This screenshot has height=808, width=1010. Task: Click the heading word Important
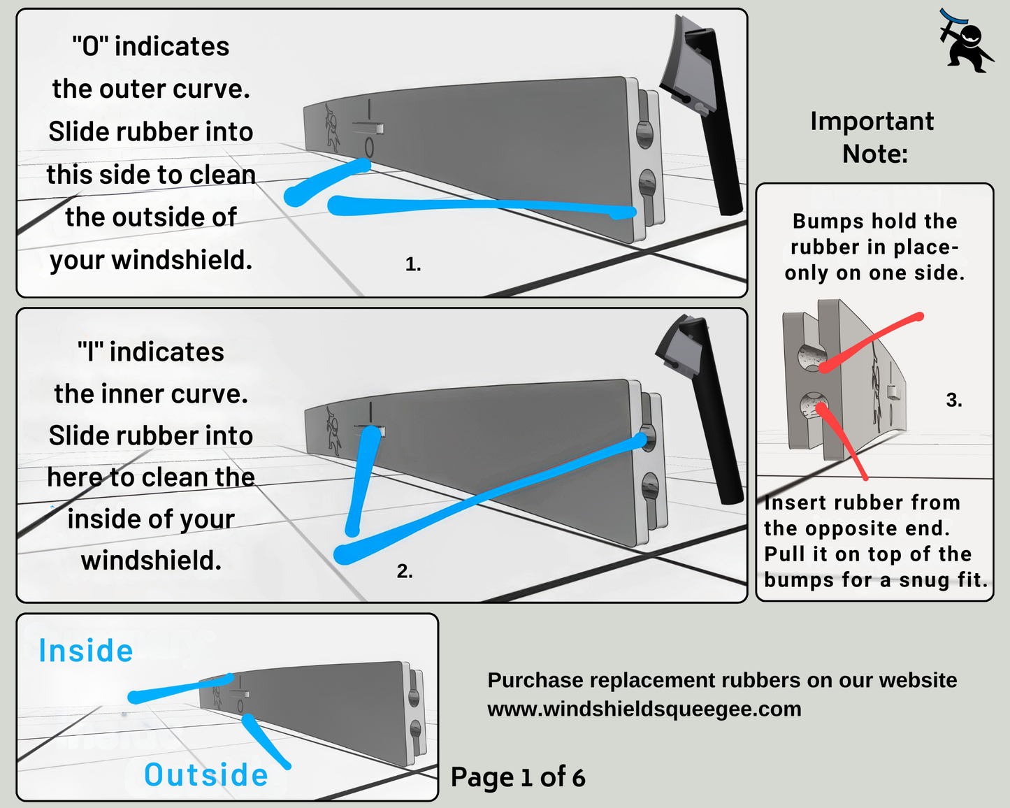[872, 122]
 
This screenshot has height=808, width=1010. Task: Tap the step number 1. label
[413, 264]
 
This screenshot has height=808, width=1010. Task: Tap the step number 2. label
[405, 571]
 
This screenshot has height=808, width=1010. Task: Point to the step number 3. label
[954, 400]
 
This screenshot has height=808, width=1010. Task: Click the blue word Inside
[86, 651]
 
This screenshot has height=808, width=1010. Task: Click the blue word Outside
[206, 775]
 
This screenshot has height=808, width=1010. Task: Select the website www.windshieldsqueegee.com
[644, 709]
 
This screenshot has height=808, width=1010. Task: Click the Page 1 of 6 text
[518, 777]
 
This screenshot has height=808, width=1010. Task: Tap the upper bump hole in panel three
[811, 357]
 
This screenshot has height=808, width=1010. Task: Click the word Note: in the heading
[875, 154]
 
